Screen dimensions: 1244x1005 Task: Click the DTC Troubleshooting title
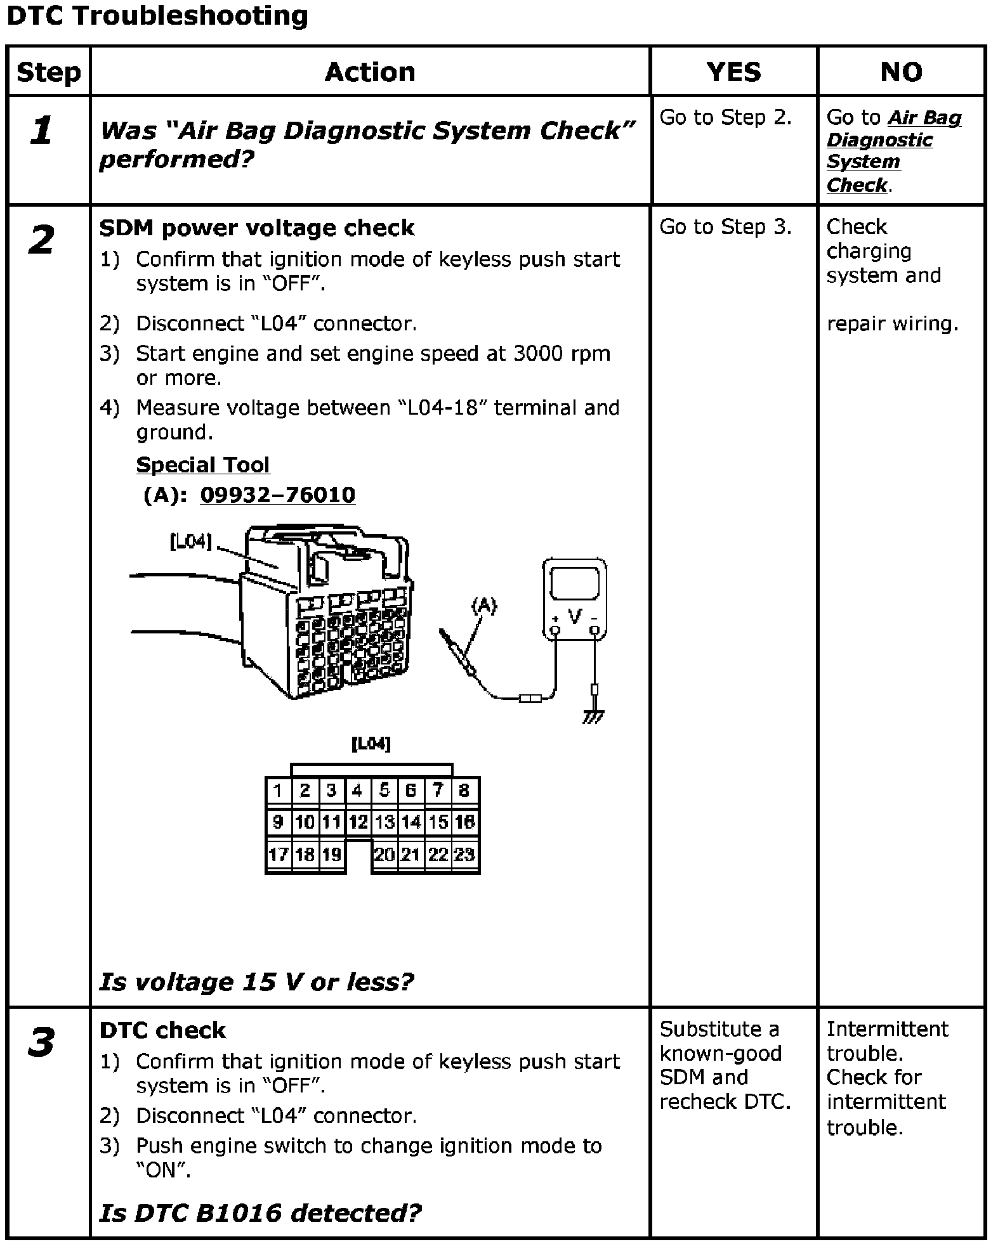[x=157, y=16]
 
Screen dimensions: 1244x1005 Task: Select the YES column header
[x=733, y=72]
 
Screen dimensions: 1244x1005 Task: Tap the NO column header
[x=901, y=72]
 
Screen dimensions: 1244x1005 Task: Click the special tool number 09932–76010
[x=277, y=495]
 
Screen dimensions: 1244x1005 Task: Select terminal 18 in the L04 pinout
[x=305, y=855]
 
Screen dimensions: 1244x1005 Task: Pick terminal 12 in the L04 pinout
[x=358, y=822]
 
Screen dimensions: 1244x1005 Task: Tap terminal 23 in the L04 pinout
[x=464, y=855]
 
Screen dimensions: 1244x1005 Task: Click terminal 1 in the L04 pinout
[x=278, y=791]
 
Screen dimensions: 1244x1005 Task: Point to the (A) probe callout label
[x=483, y=606]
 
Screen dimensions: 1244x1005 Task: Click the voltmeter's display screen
[x=575, y=583]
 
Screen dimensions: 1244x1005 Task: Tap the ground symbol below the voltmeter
[x=594, y=717]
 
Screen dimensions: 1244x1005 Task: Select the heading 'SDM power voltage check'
[x=257, y=228]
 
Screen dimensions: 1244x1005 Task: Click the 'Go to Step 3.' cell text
[x=726, y=227]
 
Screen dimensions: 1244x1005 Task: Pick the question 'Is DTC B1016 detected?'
[x=260, y=1212]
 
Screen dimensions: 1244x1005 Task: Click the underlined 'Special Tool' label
[x=203, y=465]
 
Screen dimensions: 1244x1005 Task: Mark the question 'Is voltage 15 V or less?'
[x=256, y=982]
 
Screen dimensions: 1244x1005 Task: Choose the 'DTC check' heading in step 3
[x=162, y=1030]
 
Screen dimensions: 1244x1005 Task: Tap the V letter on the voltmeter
[x=575, y=616]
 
